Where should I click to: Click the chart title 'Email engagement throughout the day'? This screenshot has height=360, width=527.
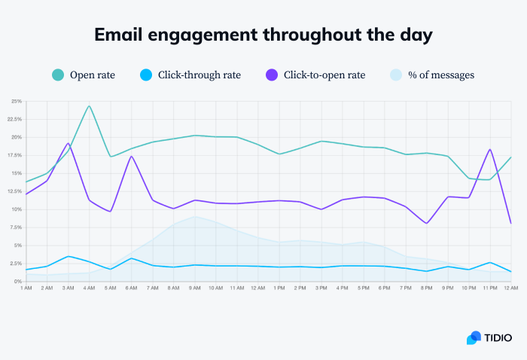263,35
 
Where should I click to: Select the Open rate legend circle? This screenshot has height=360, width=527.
58,75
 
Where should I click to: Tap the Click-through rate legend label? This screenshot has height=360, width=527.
200,75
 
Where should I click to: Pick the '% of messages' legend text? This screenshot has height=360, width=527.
440,75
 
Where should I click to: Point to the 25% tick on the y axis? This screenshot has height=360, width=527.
17,101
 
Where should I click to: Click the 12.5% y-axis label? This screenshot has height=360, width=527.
15,191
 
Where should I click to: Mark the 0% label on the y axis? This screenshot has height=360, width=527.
19,282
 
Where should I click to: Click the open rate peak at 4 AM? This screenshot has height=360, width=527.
89,106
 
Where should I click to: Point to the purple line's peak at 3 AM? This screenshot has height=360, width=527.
69,143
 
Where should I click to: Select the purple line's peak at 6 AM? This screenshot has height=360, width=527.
132,157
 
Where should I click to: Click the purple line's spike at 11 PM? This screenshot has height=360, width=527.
490,149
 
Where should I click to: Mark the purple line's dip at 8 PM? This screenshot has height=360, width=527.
427,223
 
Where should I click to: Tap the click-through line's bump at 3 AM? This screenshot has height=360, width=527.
69,256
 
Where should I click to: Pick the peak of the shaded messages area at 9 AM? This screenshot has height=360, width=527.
195,217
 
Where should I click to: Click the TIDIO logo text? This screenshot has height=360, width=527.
498,337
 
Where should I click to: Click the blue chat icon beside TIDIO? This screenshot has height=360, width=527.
474,337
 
